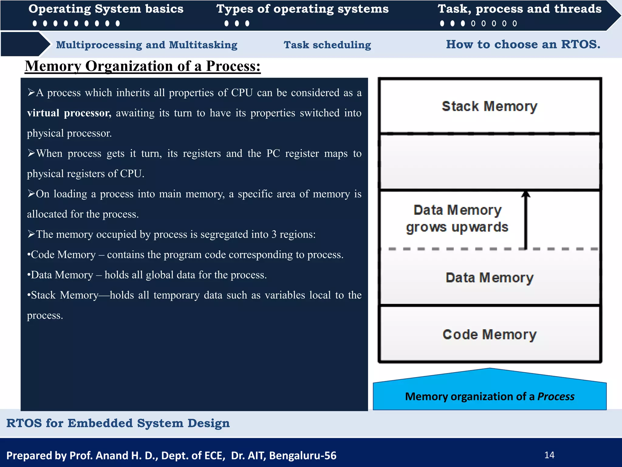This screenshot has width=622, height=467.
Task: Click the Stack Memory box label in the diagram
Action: coord(489,106)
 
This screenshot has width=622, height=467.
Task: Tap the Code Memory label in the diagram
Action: coord(489,334)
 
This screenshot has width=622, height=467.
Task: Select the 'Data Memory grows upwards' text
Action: coord(457,219)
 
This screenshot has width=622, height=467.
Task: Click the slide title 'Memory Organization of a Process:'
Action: coord(142,66)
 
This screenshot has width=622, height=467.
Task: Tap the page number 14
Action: coord(549,455)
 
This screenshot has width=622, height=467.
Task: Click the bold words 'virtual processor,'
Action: coord(69,113)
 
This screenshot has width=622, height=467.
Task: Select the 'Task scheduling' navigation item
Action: coord(327,45)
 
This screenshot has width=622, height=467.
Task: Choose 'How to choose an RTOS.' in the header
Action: coord(523,44)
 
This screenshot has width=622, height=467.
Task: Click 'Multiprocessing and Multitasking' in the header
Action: coord(147,45)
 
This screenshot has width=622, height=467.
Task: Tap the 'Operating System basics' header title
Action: coord(106,9)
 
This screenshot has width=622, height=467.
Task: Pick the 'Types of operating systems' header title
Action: coord(302,9)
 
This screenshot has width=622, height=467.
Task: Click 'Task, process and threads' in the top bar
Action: coord(519,9)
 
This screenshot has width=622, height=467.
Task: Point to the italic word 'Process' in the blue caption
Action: coord(556,396)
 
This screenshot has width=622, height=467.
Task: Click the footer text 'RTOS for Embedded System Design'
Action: coord(118,423)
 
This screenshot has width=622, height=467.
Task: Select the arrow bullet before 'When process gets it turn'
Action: coord(31,153)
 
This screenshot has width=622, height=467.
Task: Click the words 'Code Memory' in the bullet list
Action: coord(63,255)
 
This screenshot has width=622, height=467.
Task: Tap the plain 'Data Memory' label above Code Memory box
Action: coord(489,278)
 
